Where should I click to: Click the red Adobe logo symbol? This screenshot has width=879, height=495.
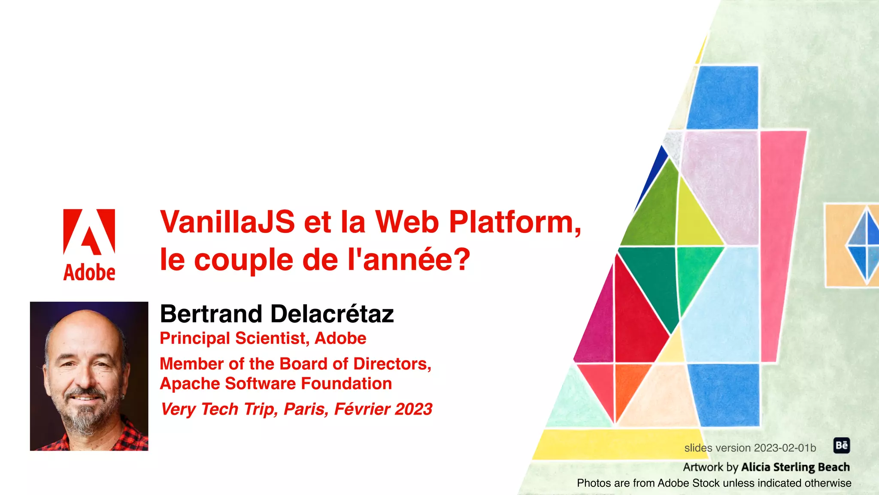[89, 232]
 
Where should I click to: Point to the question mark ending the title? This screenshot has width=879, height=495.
[462, 260]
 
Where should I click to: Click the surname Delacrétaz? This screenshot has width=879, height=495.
[332, 314]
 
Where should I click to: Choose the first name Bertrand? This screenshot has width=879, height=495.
[211, 314]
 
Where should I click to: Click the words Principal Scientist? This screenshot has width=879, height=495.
[232, 339]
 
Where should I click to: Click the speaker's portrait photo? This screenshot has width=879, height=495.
[89, 376]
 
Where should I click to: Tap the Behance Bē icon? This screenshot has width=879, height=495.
[841, 446]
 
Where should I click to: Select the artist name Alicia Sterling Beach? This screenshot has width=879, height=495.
[795, 467]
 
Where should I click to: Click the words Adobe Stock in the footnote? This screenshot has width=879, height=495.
[687, 483]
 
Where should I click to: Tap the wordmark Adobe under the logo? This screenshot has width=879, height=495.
[89, 272]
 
